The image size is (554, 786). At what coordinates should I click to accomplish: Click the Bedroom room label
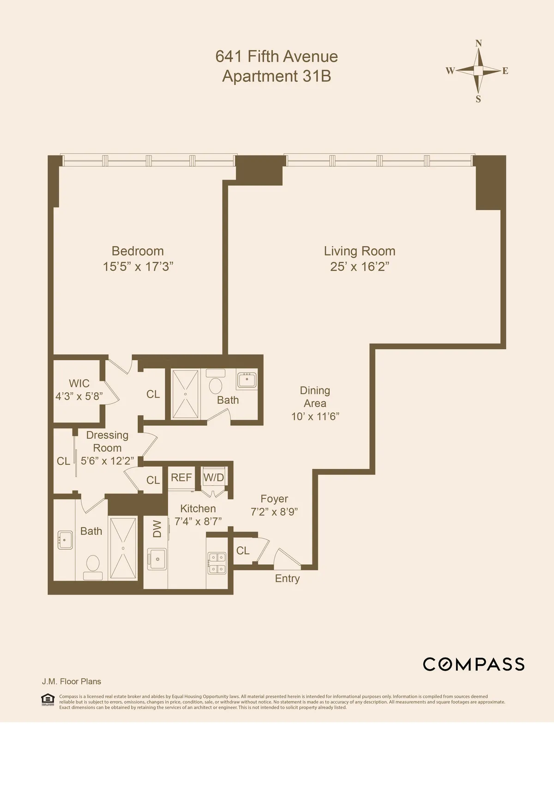[138, 251]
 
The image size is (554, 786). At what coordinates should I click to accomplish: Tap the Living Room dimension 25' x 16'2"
[360, 267]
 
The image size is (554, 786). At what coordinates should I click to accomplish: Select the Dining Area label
[315, 397]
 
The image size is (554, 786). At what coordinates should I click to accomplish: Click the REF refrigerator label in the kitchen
[181, 478]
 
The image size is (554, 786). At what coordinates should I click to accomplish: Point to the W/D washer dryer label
[214, 478]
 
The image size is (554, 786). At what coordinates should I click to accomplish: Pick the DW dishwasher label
[157, 529]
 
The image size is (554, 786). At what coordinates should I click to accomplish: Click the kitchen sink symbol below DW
[157, 559]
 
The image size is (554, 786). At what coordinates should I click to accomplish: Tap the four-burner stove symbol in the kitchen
[217, 563]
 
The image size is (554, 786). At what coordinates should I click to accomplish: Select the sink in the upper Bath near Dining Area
[247, 380]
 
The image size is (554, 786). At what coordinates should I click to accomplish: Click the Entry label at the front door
[287, 579]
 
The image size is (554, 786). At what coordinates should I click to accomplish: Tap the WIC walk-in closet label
[79, 384]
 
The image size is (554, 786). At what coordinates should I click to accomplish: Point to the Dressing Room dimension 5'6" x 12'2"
[107, 461]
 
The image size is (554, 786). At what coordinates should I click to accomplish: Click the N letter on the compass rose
[479, 43]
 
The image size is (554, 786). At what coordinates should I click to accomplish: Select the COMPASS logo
[474, 664]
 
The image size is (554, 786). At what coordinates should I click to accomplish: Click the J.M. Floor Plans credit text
[72, 682]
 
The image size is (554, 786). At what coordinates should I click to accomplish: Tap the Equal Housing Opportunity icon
[48, 700]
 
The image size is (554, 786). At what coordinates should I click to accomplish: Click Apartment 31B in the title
[277, 76]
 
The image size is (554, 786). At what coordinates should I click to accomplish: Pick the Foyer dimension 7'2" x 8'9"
[274, 512]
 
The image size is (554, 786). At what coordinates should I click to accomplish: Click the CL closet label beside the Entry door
[243, 550]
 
